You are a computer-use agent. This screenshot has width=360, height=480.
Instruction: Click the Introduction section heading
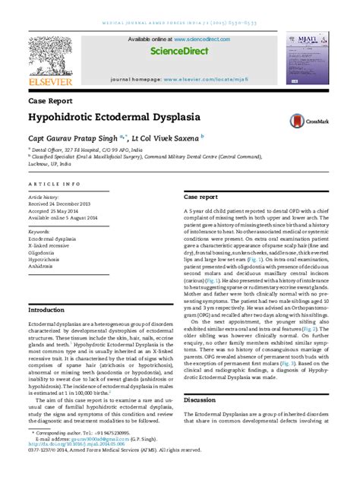(x=46, y=311)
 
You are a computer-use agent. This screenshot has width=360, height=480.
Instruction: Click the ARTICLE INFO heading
(x=54, y=185)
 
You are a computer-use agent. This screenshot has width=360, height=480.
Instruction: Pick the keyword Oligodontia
(x=46, y=254)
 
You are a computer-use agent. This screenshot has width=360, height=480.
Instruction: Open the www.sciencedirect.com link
(x=201, y=39)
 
